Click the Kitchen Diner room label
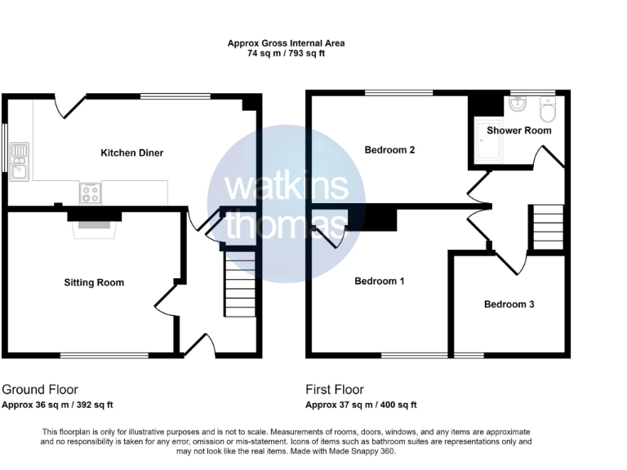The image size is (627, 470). click(131, 153)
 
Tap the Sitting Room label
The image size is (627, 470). click(94, 282)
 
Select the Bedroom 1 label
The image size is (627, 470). click(379, 282)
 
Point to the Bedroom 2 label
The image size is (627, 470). click(389, 150)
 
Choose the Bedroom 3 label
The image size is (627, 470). click(509, 304)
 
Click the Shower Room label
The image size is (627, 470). click(518, 131)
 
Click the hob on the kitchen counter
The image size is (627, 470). click(90, 193)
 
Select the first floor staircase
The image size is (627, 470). click(547, 227)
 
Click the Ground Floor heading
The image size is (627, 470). click(40, 390)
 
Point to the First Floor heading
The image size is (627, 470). click(335, 390)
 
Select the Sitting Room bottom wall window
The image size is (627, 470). click(104, 355)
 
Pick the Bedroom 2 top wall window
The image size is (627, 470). click(398, 93)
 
